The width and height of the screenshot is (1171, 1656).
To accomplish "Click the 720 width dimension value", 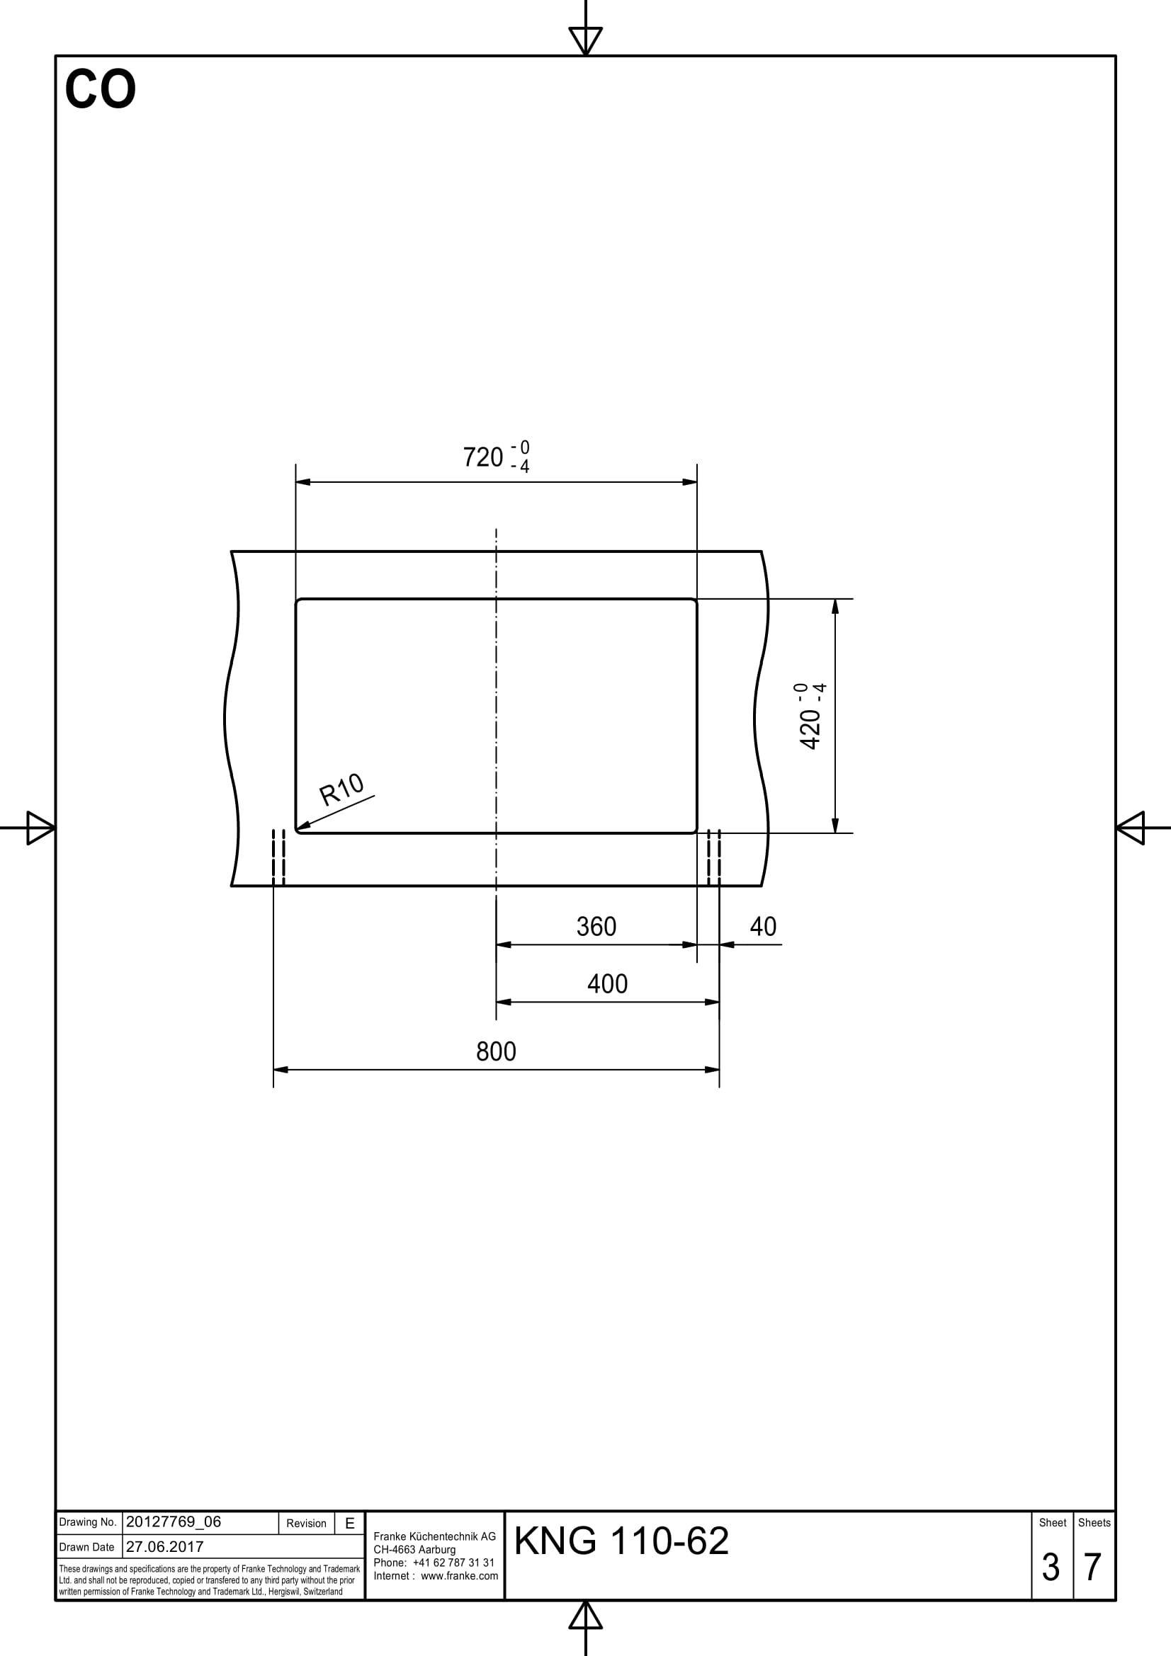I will coord(482,457).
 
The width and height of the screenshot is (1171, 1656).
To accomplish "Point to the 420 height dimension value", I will coord(811,729).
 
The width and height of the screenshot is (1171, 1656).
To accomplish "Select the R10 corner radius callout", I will coord(342,790).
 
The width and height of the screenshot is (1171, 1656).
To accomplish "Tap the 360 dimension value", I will coord(596,927).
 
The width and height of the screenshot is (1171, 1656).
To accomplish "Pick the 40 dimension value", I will coord(763,927).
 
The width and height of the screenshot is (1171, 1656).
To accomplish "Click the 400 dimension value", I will coord(607,985).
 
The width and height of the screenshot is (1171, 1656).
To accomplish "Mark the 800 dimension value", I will coord(496,1052).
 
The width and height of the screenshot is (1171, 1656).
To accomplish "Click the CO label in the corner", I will coord(101,90).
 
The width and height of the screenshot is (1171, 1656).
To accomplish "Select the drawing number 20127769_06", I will coord(173,1522).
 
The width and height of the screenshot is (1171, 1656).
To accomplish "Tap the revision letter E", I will coord(350,1524).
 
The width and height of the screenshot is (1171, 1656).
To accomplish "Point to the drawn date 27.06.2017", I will coord(164,1546).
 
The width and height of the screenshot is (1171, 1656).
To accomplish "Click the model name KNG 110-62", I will coord(621,1541).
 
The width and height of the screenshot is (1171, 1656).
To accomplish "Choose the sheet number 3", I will coord(1051,1568).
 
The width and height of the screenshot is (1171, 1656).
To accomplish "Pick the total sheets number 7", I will coord(1092,1568).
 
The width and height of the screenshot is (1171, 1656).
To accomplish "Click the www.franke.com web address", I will coord(459,1575).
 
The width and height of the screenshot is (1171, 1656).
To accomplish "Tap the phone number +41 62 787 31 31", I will coord(453,1563).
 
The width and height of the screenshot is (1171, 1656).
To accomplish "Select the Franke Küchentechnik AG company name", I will coord(434,1536).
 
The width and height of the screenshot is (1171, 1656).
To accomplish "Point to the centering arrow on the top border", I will coord(585,40).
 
